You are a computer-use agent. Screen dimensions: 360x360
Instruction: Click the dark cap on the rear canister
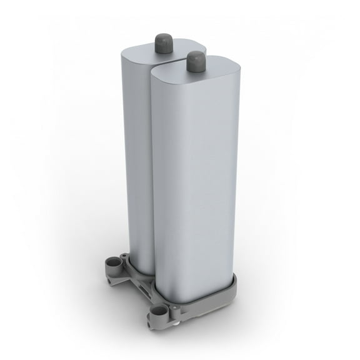pos(164,43)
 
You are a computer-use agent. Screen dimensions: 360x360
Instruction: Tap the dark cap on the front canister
pos(196,61)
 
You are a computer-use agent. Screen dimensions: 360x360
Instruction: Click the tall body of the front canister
pos(194,187)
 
